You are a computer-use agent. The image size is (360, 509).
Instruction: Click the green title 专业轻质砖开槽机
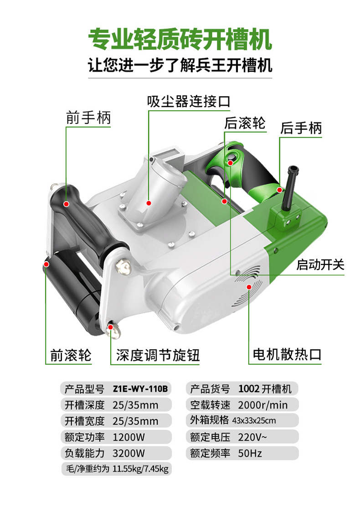(180, 39)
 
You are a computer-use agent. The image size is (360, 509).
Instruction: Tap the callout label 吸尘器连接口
(189, 102)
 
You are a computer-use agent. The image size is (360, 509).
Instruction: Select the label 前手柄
(88, 118)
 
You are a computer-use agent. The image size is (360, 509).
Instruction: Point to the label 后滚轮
(245, 123)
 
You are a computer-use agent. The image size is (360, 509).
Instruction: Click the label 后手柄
(301, 128)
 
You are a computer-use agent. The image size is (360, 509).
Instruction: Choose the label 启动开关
(320, 265)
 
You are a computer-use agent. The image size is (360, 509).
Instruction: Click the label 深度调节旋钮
(158, 355)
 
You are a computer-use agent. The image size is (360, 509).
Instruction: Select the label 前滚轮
(71, 355)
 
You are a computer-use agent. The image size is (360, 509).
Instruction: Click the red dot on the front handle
(66, 204)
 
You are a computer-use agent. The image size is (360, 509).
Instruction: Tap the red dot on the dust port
(149, 203)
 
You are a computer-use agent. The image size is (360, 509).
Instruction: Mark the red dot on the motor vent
(249, 286)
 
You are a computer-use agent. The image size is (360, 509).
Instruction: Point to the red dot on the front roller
(46, 264)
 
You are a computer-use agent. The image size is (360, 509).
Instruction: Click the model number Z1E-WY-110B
(140, 389)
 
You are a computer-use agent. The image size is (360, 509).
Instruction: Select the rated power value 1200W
(129, 437)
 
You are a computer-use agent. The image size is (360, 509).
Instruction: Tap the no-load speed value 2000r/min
(262, 405)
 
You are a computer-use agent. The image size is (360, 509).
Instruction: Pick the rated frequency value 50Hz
(250, 453)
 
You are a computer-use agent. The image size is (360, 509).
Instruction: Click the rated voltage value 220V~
(252, 437)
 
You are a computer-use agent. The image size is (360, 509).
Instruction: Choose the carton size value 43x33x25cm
(254, 421)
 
